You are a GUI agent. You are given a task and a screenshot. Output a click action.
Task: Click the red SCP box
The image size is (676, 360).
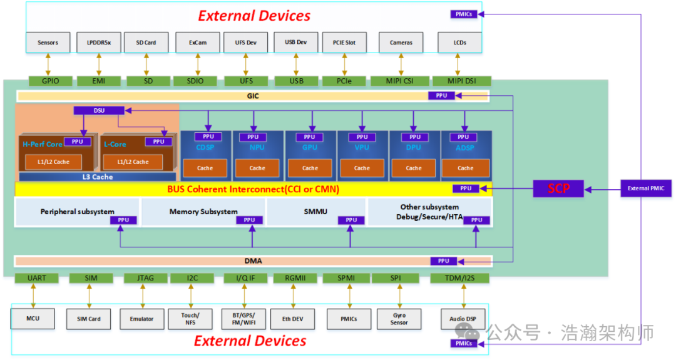558,188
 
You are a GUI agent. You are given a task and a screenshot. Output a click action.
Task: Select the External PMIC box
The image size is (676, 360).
645,188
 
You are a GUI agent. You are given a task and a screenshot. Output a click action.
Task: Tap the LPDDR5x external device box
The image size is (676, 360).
98,43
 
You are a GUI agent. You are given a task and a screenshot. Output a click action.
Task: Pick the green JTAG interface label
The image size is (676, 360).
141,278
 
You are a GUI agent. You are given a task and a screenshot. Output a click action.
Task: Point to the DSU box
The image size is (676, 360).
99,110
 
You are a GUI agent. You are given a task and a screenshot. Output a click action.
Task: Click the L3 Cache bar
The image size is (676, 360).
97,177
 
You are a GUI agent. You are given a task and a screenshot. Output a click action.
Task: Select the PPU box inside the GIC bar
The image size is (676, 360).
441,96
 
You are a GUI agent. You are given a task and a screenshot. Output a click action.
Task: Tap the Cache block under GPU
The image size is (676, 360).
310,168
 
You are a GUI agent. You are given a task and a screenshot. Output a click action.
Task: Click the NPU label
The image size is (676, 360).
257,148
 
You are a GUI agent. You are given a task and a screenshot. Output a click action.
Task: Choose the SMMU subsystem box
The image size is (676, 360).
315,212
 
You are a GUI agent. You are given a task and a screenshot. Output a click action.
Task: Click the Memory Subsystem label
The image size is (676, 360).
203,212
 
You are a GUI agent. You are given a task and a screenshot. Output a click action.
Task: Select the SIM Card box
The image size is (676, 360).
89,319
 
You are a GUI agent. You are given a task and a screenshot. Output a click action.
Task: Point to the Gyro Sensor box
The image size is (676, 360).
399,319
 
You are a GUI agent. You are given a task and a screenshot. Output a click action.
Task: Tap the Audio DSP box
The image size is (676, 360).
463,319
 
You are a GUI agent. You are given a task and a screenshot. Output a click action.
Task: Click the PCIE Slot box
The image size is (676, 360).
344,43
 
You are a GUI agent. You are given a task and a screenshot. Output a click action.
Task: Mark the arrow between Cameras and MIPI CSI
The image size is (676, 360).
401,64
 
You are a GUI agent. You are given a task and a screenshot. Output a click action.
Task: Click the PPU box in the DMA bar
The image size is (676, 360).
443,261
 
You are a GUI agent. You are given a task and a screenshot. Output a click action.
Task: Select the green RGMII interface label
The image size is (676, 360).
295,278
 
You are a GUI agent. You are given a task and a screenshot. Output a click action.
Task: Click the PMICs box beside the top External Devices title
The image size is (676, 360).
464,14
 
